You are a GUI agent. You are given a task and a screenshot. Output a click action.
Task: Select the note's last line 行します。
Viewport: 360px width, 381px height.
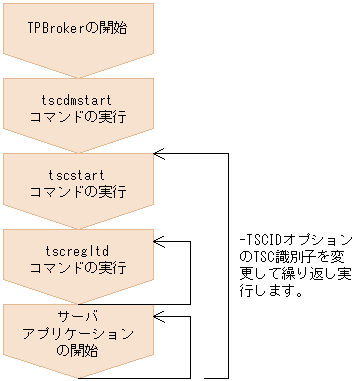coord(270,291)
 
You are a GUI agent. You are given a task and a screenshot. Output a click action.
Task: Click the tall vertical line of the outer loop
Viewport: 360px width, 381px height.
coord(229,265)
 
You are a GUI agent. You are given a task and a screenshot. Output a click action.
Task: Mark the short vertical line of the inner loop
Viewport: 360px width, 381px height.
coord(190,270)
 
